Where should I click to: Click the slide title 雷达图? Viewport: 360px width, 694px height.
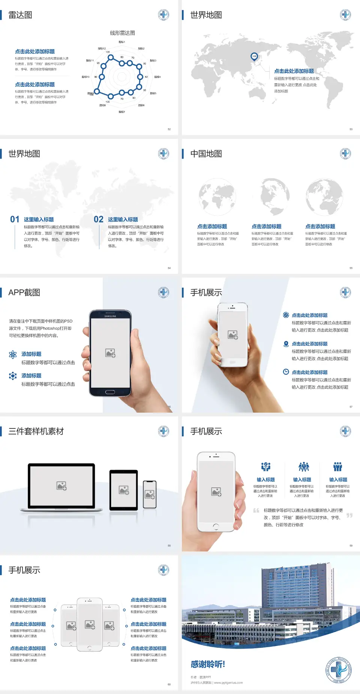point(20,15)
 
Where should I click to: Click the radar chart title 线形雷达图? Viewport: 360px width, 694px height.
point(122,33)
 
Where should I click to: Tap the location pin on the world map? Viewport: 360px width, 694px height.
point(254,57)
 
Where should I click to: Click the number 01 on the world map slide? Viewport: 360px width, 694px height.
point(15,219)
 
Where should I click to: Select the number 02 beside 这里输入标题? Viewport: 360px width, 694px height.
point(99,219)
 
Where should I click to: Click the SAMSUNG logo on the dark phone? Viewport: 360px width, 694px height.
point(110,316)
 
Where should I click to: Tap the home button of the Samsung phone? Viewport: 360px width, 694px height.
point(110,392)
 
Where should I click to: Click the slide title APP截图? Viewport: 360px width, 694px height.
point(24,293)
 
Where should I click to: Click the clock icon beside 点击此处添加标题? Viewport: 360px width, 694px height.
point(286,372)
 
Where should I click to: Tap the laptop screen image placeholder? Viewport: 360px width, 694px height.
point(61,486)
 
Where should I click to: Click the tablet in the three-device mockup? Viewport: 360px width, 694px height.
point(124,490)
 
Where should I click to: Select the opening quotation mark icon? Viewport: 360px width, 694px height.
point(256,510)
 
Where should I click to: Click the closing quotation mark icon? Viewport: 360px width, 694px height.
point(349,515)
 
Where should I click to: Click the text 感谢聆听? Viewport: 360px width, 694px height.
point(208,664)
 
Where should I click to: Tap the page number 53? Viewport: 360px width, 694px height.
point(351,129)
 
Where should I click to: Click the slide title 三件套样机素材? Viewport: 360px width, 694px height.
point(36,431)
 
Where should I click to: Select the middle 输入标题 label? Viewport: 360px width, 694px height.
point(302,479)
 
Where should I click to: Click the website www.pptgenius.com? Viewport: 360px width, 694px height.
point(228,683)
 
